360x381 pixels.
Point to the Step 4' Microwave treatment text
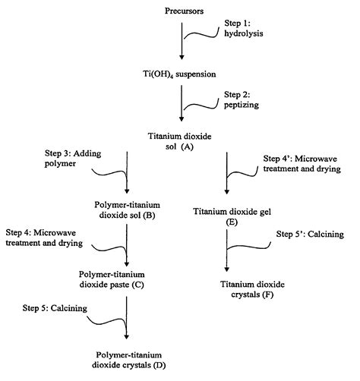(298, 165)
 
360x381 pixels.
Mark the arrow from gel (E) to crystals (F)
(227, 250)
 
